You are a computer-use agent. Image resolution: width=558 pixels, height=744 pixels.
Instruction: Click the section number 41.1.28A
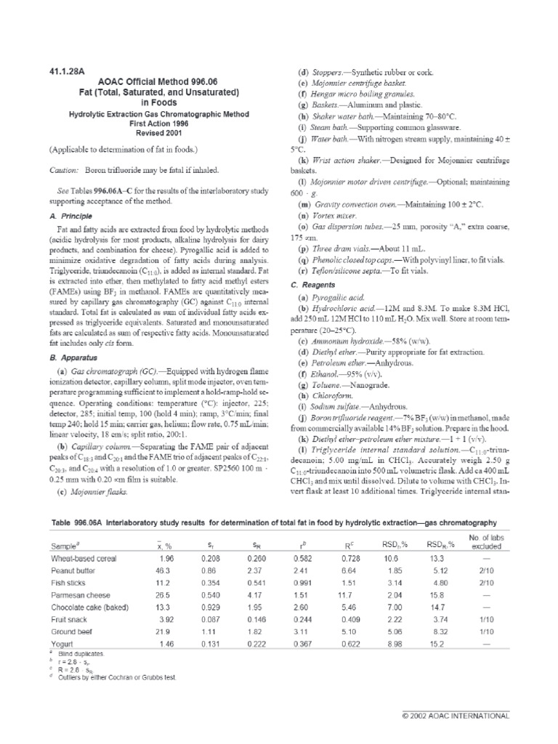(68, 72)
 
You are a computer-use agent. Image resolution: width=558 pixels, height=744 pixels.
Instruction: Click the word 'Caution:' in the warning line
(65, 169)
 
